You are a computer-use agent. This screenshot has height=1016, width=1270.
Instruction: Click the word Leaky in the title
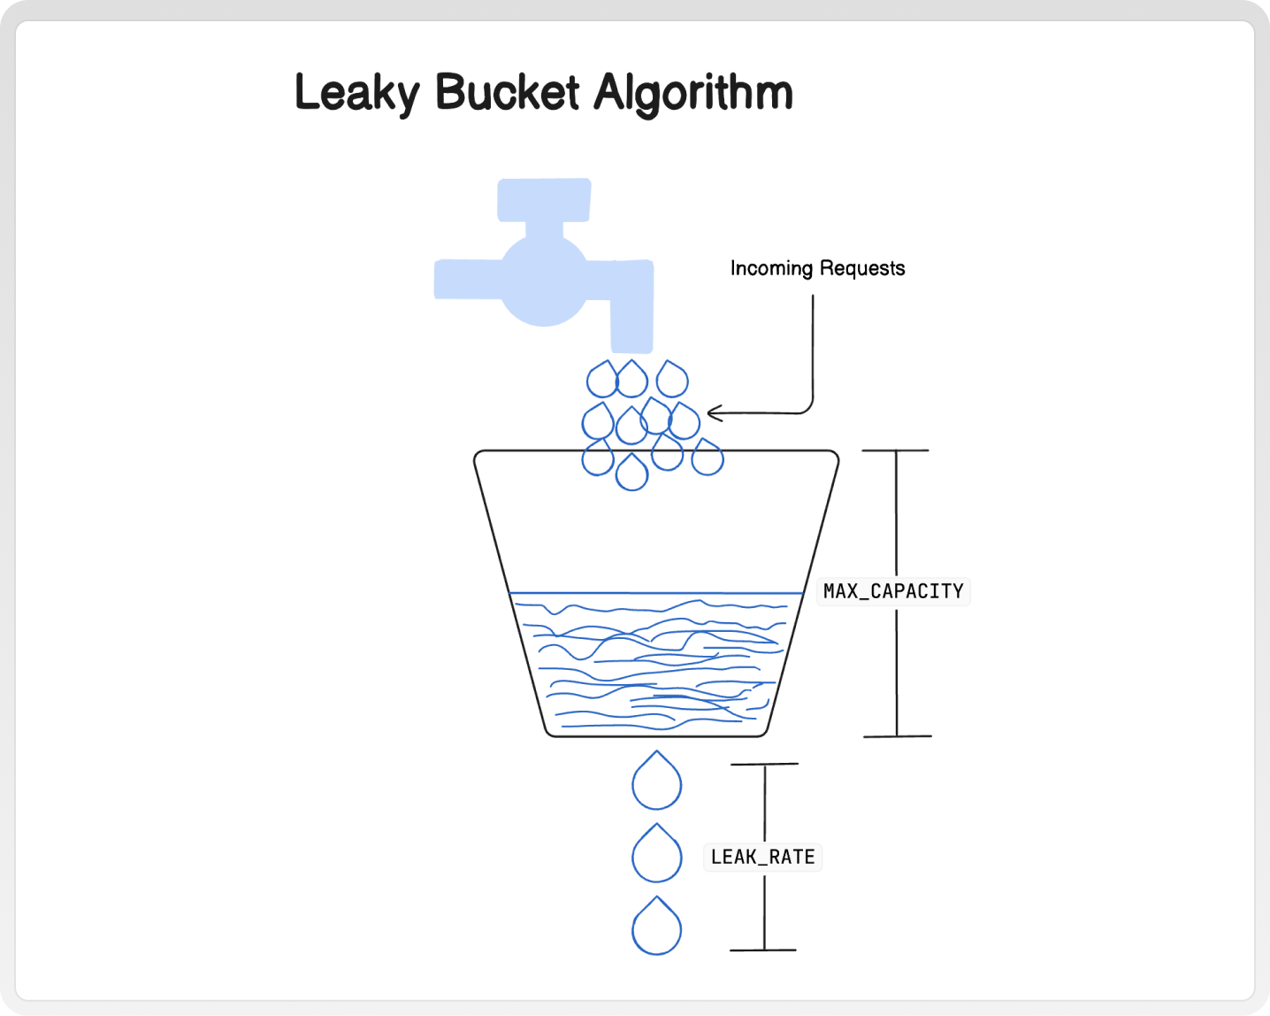point(357,93)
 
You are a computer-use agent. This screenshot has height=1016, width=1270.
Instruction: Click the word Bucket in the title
point(507,92)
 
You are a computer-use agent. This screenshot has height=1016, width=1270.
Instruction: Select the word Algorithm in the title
point(693,93)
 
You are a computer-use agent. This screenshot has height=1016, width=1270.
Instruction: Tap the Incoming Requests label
point(817,268)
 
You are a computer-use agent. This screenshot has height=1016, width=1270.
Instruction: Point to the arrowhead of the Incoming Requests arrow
point(711,413)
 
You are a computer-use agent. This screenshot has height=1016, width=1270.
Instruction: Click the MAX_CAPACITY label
point(893,591)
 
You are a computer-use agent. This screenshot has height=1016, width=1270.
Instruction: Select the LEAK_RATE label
point(762,857)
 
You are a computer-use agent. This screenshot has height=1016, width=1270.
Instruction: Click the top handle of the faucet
point(544,200)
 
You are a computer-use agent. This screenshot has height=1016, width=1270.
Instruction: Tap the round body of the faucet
point(544,281)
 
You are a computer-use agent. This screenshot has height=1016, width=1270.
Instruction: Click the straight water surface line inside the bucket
point(656,593)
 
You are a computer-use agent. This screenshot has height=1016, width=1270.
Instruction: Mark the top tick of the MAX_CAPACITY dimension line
point(896,450)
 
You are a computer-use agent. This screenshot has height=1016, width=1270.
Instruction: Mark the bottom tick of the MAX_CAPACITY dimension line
point(897,735)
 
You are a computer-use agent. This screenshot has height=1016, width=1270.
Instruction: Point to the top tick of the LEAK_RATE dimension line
point(765,764)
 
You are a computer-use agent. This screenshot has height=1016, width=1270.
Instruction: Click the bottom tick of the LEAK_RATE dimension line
point(764,950)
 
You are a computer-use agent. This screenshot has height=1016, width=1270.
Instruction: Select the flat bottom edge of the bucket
point(656,735)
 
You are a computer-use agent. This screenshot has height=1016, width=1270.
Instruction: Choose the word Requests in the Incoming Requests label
point(862,268)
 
